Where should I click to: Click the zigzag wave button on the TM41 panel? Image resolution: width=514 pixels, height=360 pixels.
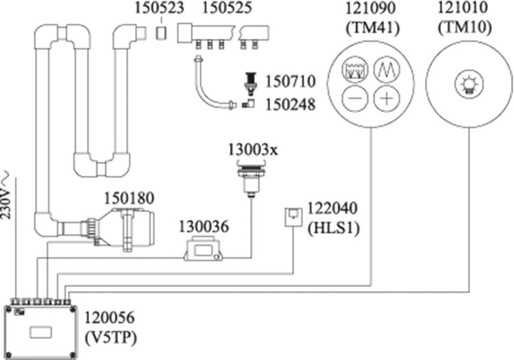point(386,69)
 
